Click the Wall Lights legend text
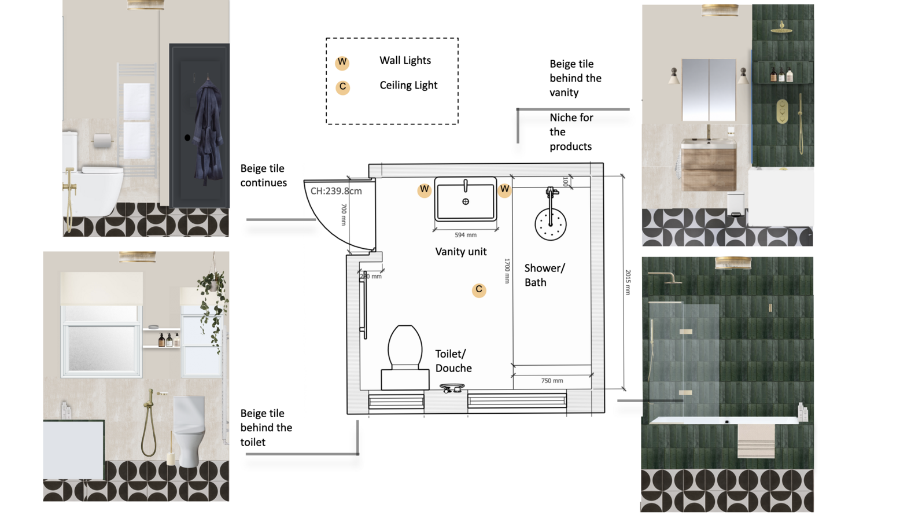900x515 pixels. [405, 60]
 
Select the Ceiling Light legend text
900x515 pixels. [408, 85]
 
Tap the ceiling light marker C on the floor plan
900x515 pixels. [479, 289]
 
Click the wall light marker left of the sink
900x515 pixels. [425, 190]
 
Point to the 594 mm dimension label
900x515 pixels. [465, 235]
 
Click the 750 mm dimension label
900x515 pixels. [552, 380]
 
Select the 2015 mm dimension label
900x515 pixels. [628, 282]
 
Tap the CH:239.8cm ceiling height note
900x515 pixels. [336, 191]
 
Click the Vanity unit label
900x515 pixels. [461, 252]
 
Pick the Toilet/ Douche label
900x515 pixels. [453, 360]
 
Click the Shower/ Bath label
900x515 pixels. [544, 275]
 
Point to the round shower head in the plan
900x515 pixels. [551, 225]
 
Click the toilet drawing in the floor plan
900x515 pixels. [405, 358]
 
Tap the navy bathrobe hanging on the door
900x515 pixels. [208, 131]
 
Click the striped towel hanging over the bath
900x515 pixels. [756, 441]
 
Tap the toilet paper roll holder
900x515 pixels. [102, 140]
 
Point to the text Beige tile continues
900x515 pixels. [264, 175]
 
